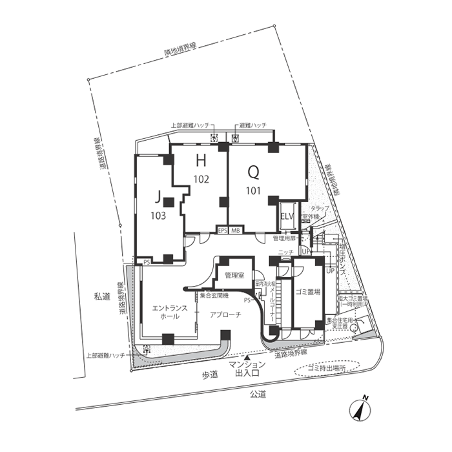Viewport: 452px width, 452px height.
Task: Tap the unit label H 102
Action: pos(201,169)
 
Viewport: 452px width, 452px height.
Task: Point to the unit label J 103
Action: pos(158,205)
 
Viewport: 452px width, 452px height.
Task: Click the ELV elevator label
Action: pos(287,216)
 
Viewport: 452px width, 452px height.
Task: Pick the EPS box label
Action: pos(222,231)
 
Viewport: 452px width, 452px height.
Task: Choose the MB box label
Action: pos(236,231)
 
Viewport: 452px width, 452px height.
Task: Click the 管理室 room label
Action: pos(233,276)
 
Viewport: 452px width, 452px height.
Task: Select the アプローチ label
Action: pos(225,314)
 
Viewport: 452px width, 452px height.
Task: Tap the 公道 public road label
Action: pos(258,395)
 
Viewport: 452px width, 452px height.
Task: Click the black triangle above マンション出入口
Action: pos(246,357)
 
